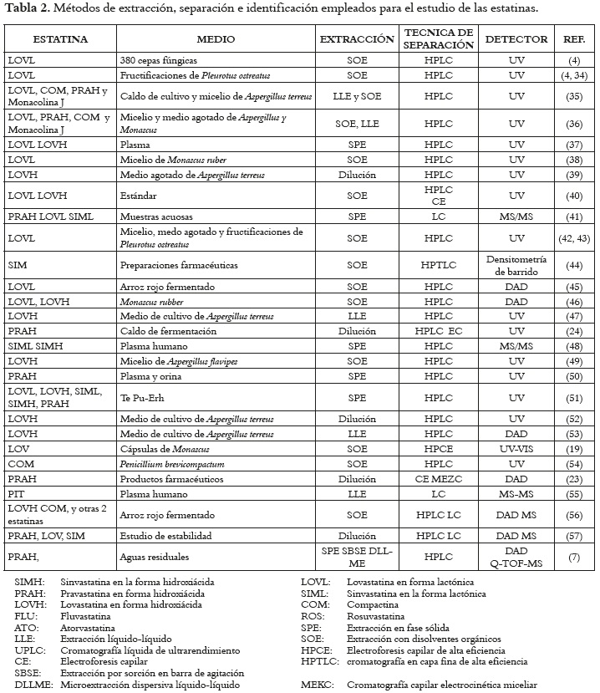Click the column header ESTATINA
coord(59,39)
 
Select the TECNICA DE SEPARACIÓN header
coord(438,39)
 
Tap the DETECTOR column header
coord(516,39)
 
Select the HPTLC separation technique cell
coord(438,264)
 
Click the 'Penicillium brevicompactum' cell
coord(175,463)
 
